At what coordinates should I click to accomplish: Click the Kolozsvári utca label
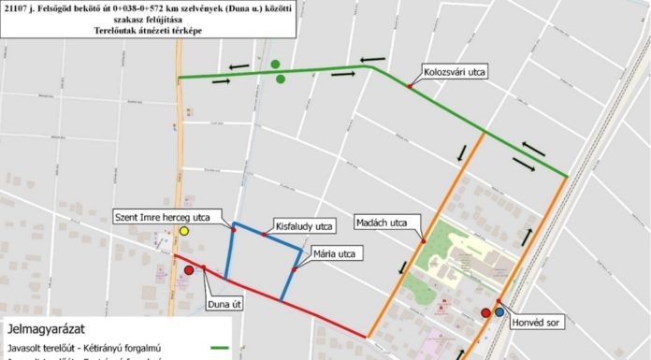pos(455,72)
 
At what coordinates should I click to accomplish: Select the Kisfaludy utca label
pos(305,226)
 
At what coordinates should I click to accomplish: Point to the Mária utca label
pos(337,253)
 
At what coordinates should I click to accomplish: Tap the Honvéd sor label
pos(536,324)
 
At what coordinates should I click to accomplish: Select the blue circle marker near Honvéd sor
pos(499,313)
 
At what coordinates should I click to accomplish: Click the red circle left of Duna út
pos(189,270)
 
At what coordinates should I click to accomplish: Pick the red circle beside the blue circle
pos(485,313)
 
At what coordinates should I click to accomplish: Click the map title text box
pos(148,19)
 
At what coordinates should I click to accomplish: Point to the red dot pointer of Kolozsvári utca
pos(410,87)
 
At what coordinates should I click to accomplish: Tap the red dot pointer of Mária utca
pos(294,269)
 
